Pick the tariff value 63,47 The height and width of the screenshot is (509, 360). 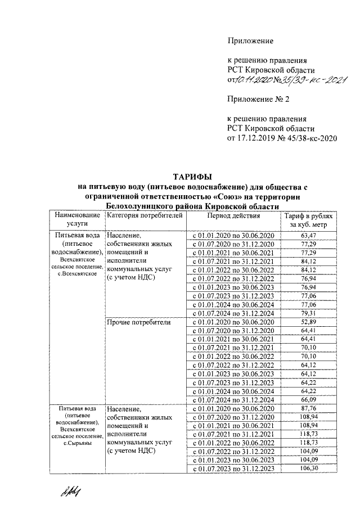pyautogui.click(x=308, y=235)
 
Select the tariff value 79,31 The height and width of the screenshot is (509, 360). pyautogui.click(x=308, y=313)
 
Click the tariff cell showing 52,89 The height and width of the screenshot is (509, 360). pyautogui.click(x=308, y=322)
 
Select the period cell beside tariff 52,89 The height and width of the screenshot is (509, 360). pyautogui.click(x=233, y=322)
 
